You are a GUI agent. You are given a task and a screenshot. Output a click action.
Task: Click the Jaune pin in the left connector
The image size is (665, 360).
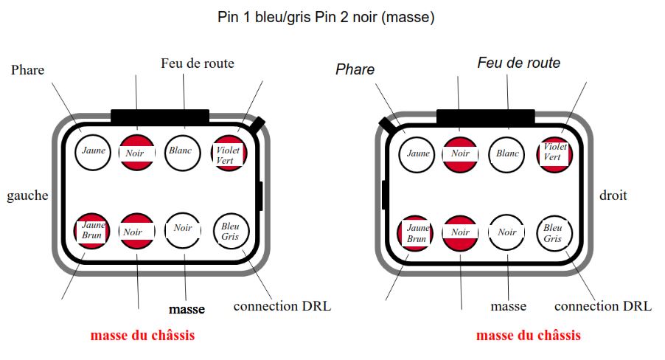coord(94,151)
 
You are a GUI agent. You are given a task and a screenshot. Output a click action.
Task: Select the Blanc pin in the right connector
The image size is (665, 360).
coord(508,154)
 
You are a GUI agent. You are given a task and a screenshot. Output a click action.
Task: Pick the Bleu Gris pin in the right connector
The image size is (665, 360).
coord(554,232)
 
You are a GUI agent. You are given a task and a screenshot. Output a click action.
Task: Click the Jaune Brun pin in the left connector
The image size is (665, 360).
coord(93,231)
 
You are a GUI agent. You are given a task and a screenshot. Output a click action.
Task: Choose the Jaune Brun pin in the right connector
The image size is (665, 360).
coord(417,234)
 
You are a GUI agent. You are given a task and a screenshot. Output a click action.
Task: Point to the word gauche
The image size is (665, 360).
coord(27,195)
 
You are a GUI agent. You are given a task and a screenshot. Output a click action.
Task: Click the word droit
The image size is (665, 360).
coord(613,195)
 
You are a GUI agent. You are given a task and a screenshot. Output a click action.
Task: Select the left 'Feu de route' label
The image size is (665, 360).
coord(198,63)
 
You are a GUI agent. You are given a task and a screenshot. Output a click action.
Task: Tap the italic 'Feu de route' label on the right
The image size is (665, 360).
coord(518,63)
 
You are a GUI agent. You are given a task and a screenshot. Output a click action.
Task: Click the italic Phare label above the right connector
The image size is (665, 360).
coord(355,69)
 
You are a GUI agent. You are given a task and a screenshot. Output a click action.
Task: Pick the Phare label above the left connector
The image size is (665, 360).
coord(28,70)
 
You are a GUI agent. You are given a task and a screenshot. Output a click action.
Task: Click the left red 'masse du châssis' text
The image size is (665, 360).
coord(143,336)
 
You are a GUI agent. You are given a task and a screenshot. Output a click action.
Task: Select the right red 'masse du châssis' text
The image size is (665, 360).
coord(528,336)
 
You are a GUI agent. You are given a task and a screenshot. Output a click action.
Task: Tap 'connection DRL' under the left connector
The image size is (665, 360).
coord(282,306)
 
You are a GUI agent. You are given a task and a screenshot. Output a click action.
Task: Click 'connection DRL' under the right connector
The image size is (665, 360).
coord(602,306)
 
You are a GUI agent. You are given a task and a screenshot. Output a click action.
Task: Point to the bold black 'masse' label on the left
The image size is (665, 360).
coord(187,309)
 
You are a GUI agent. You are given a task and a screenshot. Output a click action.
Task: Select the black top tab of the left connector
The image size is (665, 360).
coord(160,116)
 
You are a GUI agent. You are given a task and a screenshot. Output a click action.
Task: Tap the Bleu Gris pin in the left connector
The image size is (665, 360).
coord(231,231)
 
